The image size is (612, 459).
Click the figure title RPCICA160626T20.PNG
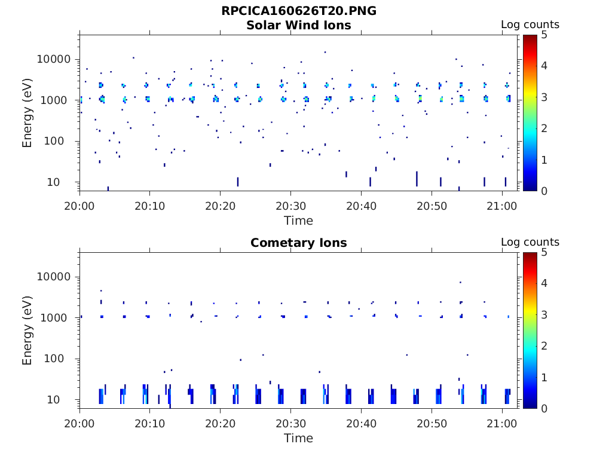[298, 11]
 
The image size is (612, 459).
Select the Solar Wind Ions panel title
[298, 25]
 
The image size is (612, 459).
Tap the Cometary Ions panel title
[298, 243]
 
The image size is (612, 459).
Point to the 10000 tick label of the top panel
[54, 59]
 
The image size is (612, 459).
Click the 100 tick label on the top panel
[60, 142]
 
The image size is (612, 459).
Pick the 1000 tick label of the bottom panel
[57, 318]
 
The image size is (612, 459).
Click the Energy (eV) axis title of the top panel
[27, 113]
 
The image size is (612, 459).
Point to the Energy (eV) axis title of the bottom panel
[27, 331]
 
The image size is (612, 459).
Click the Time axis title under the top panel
[298, 221]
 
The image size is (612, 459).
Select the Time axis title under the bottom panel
[298, 438]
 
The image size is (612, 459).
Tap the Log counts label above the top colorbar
[530, 25]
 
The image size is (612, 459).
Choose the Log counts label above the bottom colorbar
[530, 242]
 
